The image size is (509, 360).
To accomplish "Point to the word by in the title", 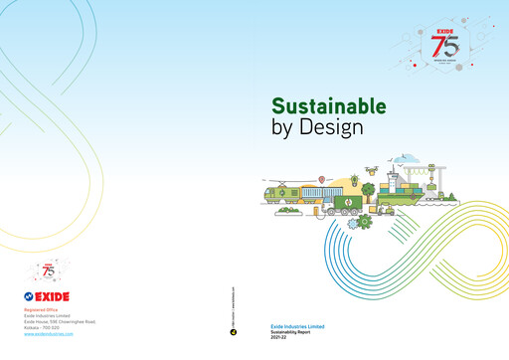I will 283,128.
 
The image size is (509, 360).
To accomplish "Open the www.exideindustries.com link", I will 49,335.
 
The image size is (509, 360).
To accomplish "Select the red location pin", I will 321,179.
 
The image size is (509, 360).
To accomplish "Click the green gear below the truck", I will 365,222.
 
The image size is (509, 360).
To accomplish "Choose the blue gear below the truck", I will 353,218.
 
